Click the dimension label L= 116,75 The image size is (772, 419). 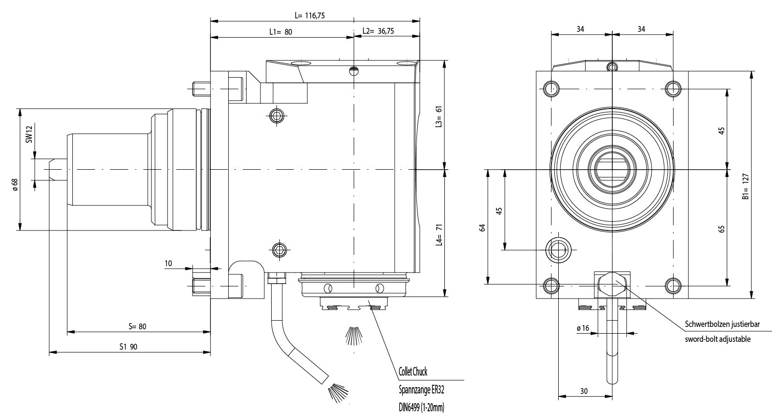coord(309,15)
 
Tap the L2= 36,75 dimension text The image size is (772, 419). coord(378,31)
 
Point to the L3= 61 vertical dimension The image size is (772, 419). coord(439,117)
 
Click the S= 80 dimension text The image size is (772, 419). coord(137,326)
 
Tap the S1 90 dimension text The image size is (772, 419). coord(128,347)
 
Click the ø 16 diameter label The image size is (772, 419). coord(582,328)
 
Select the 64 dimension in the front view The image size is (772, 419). coord(482,227)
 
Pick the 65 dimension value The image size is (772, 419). coord(721,229)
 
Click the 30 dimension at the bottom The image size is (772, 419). coord(584,391)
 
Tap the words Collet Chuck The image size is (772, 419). coord(413,372)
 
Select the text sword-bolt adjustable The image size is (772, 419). coord(717,339)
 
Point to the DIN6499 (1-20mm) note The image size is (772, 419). coord(421,408)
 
